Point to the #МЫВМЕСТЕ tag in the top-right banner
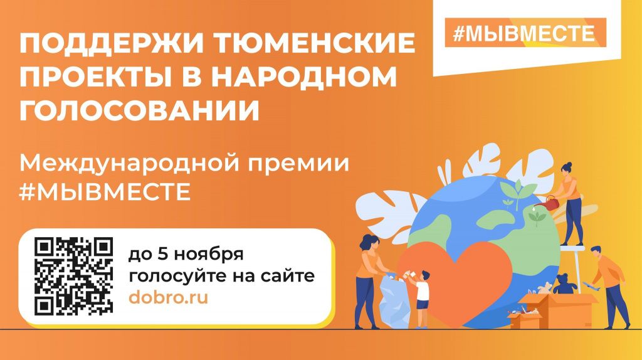524,33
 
